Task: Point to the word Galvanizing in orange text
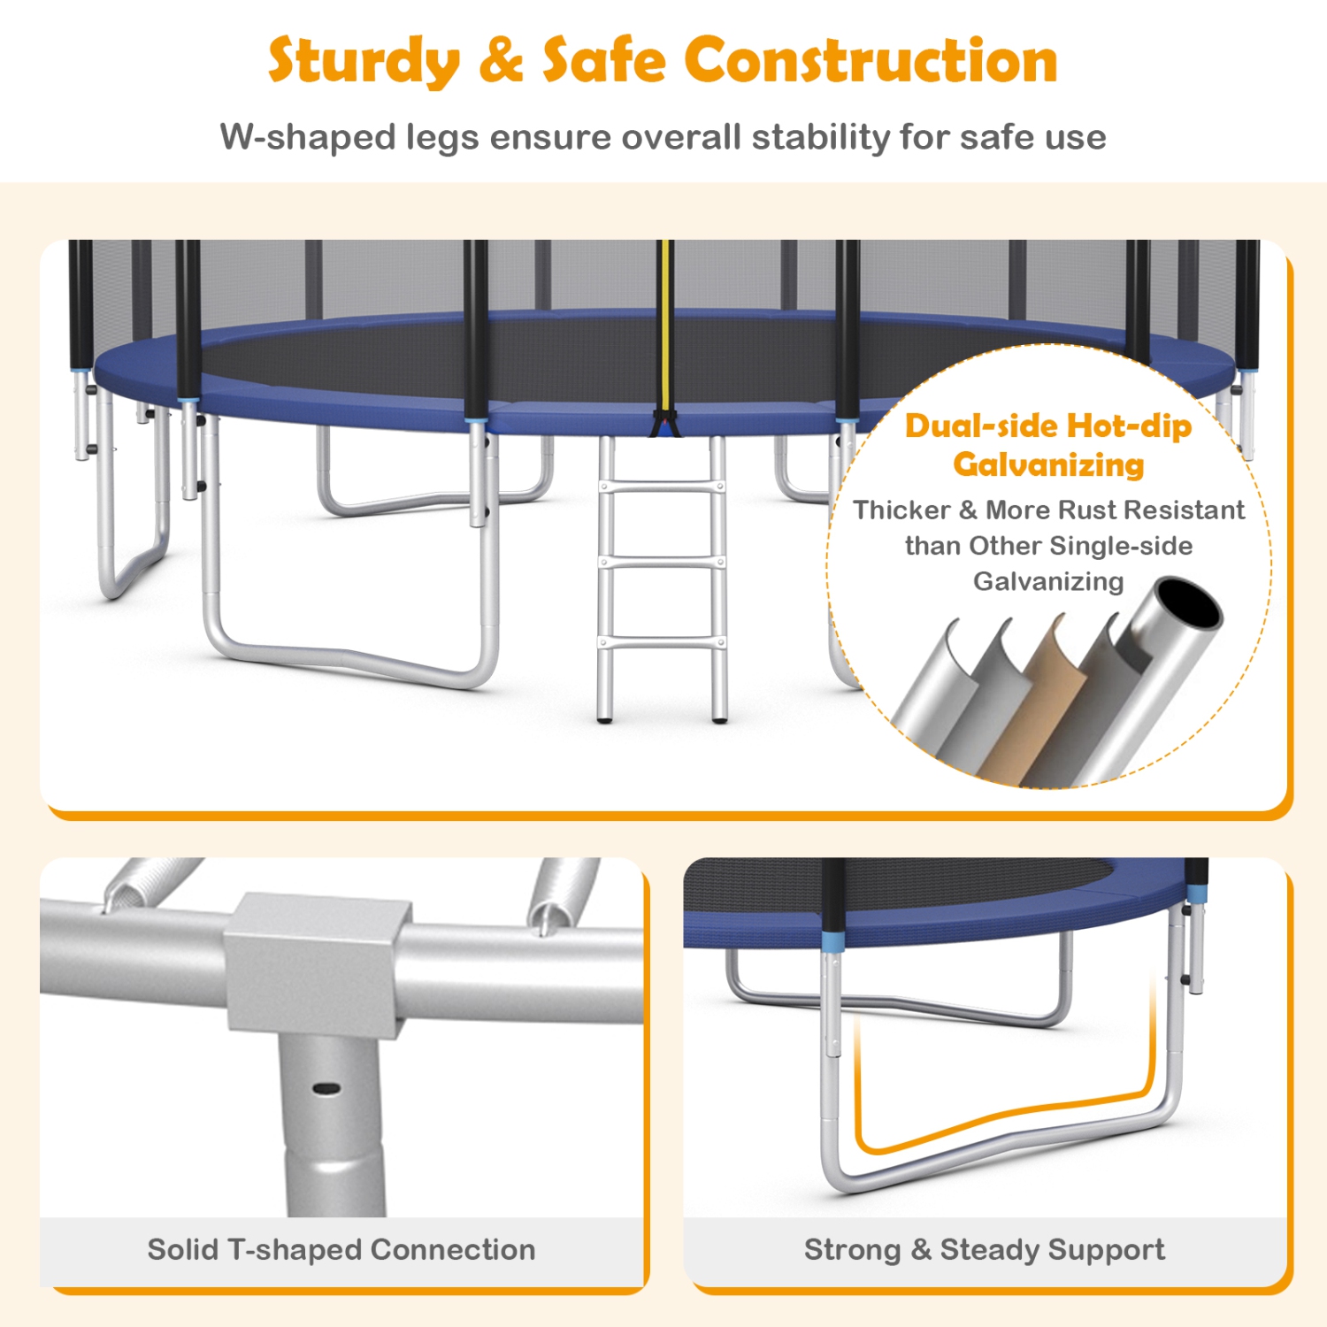[x=1048, y=465]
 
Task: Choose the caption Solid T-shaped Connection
[x=341, y=1249]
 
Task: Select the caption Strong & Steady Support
[x=985, y=1249]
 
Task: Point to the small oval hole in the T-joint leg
[x=326, y=1087]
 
